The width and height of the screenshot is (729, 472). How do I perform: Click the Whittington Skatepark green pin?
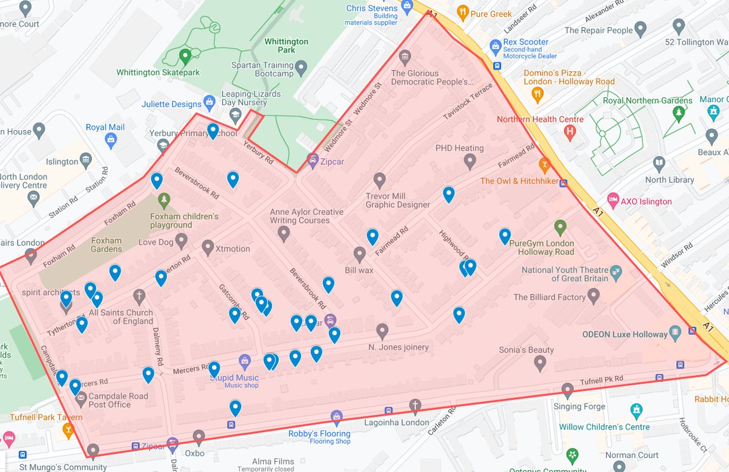pos(185,57)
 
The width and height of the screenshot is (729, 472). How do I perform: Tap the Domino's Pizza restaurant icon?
pos(537,94)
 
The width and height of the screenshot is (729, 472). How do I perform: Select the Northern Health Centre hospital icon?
pos(570,131)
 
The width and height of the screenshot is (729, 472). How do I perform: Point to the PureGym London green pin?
pos(560,227)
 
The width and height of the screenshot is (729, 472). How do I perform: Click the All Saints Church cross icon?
pos(139,297)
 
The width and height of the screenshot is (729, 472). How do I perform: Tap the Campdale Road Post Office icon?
pos(81,396)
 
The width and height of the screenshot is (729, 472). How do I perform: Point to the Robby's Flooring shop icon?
pos(337,418)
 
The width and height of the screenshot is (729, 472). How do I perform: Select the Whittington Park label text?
pos(286,46)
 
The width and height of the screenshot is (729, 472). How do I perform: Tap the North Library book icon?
pos(659,164)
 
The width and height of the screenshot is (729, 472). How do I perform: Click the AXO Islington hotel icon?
pos(614,201)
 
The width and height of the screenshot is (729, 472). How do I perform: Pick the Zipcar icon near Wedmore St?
pos(313,161)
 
